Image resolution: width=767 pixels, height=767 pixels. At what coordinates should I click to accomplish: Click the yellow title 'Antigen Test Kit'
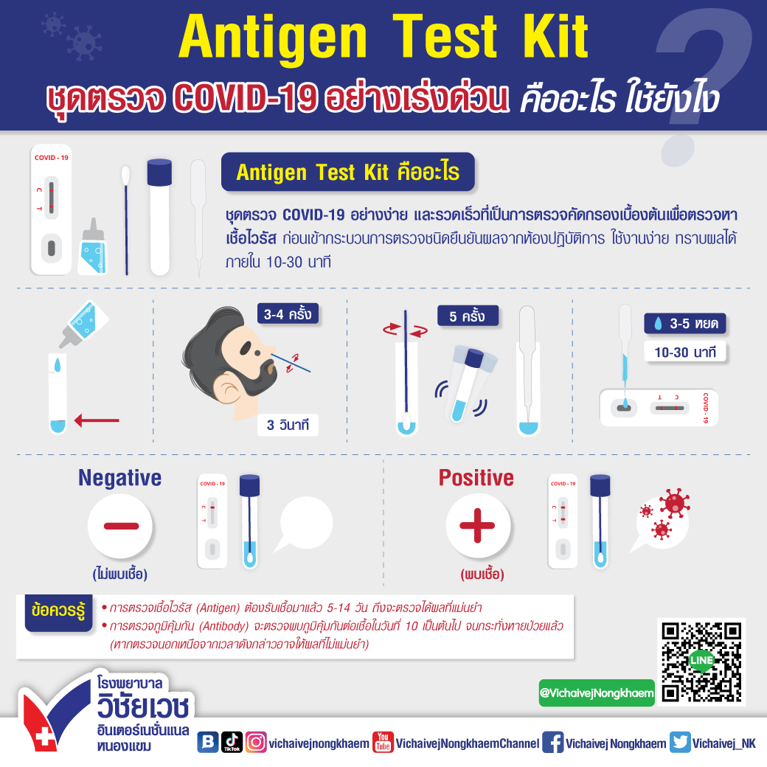click(383, 37)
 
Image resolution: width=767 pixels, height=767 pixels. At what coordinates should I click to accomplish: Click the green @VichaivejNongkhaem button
click(596, 693)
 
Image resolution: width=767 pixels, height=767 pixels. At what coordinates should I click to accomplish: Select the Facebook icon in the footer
click(552, 743)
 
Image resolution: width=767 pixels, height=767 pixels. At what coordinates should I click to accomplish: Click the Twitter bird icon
click(680, 743)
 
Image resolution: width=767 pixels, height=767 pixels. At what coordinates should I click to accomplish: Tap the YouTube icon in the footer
click(382, 743)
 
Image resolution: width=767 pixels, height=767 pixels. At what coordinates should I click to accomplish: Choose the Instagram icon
click(256, 743)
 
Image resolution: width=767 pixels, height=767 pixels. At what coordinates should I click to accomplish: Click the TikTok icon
click(232, 743)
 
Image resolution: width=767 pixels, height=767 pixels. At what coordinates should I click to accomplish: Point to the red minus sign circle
click(120, 526)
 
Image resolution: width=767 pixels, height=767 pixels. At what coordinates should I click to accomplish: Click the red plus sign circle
click(478, 526)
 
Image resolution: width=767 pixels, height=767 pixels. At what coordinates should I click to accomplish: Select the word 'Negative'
click(119, 478)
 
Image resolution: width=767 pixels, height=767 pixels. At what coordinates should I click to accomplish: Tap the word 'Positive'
click(476, 478)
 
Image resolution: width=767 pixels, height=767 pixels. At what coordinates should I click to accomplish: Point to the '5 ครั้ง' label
click(467, 316)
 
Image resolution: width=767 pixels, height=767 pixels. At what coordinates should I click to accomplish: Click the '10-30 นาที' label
click(685, 352)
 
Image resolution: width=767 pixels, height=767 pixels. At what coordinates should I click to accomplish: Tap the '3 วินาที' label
click(288, 426)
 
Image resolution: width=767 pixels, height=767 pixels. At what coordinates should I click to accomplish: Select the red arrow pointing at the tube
click(97, 420)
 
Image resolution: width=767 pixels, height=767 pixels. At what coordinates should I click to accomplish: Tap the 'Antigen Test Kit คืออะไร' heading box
click(347, 173)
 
